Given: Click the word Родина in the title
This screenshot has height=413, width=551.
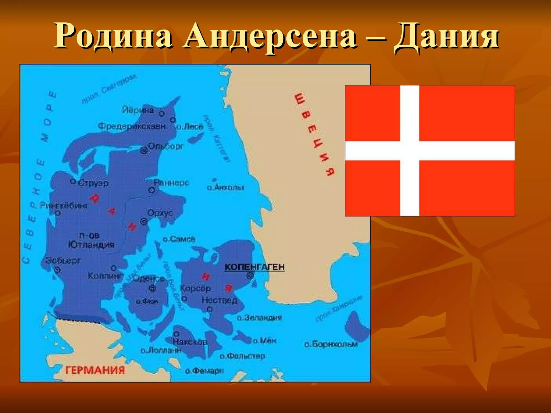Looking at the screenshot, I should coord(113,36).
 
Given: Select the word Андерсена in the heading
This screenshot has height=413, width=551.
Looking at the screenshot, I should coord(270,36).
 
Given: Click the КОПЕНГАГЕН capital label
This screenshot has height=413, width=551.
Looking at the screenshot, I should coord(255,267).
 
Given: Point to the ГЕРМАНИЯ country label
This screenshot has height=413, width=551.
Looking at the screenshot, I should coord(95,370).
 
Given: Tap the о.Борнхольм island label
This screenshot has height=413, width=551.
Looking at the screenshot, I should coord(331,344).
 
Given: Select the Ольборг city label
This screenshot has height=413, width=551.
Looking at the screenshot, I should coord(166,146).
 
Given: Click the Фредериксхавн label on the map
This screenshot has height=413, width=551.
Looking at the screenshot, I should coord(132,126).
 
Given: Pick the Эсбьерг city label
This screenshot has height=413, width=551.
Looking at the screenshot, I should coord(63,260).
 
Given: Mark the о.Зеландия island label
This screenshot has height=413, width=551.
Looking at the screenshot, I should coord(259,318).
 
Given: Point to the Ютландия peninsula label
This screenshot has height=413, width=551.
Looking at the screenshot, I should coord(91,244).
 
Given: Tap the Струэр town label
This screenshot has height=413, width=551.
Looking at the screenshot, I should coord(93,183).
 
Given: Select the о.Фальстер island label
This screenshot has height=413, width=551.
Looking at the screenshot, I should coord(242,356).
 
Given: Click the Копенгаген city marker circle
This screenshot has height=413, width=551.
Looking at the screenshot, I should coord(250,275).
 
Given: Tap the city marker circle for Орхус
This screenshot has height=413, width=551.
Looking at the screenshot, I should coord(144,222).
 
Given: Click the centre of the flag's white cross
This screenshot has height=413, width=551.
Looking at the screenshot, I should coord(409,151).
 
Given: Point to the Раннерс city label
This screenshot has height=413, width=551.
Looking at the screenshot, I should coord(172,183).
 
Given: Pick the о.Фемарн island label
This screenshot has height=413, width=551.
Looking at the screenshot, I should coord(204,371).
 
